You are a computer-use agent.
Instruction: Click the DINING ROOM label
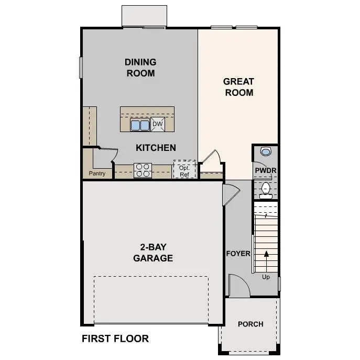[140, 68]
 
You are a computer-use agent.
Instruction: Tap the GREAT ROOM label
[238, 87]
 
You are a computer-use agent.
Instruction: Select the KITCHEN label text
[156, 148]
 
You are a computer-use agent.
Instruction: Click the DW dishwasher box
[158, 124]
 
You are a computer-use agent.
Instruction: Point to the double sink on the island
[140, 125]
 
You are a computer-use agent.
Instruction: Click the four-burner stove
[143, 170]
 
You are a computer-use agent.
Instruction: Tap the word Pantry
[97, 173]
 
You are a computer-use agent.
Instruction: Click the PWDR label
[265, 171]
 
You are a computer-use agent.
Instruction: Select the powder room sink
[266, 151]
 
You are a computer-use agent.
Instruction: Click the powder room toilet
[266, 190]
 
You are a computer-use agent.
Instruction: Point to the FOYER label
[238, 254]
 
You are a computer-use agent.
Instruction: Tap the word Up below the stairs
[266, 277]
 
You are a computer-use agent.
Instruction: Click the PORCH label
[250, 324]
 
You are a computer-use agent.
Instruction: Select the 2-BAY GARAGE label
[153, 253]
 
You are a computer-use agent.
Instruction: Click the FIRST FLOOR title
[115, 339]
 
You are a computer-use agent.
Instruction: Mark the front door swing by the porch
[238, 286]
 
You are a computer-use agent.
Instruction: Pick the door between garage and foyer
[230, 194]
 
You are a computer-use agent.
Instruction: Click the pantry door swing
[107, 155]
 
